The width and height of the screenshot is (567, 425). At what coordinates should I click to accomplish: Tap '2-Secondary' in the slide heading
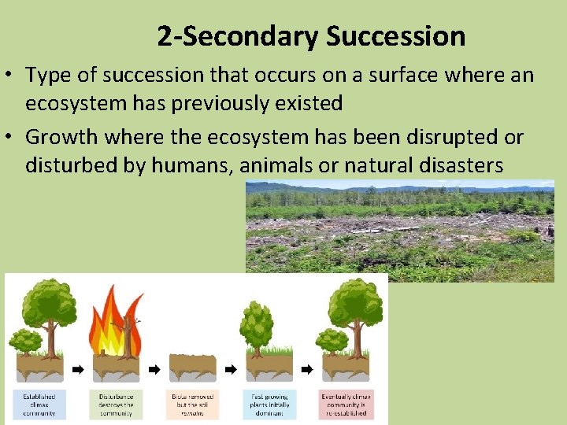coord(237,36)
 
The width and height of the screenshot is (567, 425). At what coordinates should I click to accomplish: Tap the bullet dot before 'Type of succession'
coord(13,76)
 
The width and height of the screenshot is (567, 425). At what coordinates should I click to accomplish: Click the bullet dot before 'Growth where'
coord(13,138)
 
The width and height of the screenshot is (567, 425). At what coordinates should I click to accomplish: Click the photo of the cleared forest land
coord(399,230)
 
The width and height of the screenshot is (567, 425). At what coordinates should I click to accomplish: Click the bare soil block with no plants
coord(191,367)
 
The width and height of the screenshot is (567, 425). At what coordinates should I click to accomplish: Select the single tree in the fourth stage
coord(257,327)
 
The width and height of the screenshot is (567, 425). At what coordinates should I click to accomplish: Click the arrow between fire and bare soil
coord(154,368)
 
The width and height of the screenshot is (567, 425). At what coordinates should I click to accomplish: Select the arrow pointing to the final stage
coord(307,368)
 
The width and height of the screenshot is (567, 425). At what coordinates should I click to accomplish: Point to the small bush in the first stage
coord(25,342)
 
